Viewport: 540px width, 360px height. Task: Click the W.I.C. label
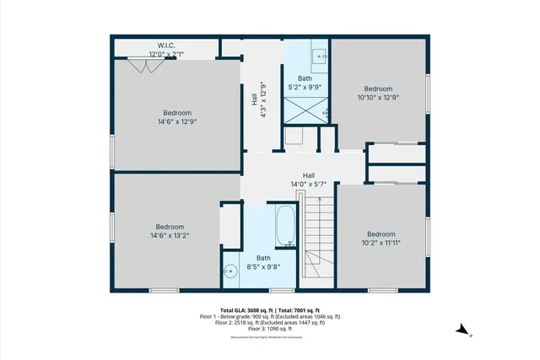coord(166,45)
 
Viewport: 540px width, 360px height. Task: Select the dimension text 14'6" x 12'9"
coord(177,121)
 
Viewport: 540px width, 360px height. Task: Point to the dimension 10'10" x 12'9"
coord(378,98)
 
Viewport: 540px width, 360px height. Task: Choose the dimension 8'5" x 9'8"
coord(263,267)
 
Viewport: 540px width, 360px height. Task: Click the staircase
coord(318,236)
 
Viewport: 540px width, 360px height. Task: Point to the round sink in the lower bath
coord(229,271)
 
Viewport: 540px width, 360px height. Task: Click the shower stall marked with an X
coord(305,110)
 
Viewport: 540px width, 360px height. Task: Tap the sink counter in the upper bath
coord(320,57)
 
